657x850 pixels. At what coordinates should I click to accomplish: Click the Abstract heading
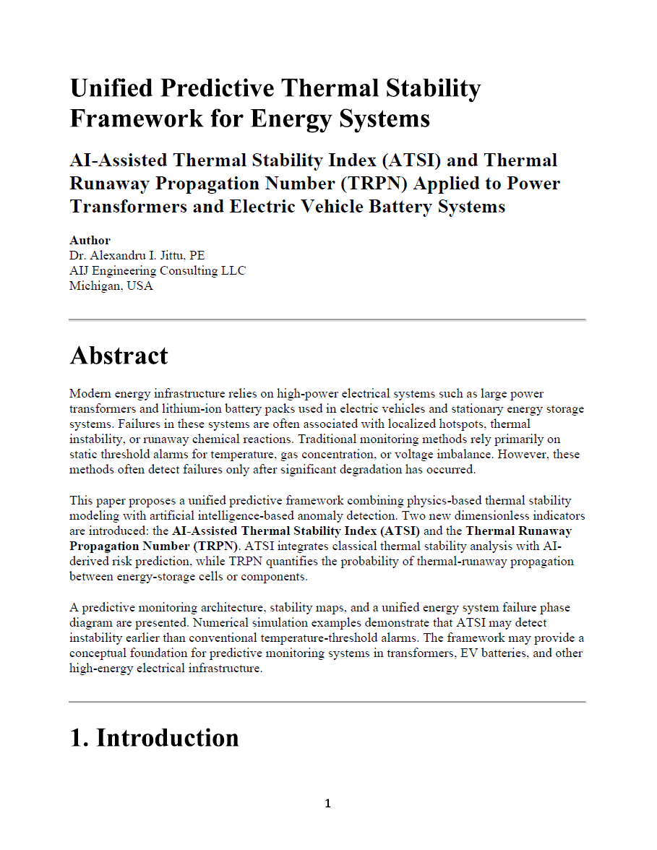click(x=119, y=356)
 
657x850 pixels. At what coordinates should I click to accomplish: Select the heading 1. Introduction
click(x=154, y=738)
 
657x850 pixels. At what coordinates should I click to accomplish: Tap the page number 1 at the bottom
click(x=327, y=804)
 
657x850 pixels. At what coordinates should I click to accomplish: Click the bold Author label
click(x=90, y=240)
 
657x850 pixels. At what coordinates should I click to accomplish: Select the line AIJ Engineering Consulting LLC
click(x=158, y=270)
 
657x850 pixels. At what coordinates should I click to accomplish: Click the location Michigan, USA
click(x=111, y=286)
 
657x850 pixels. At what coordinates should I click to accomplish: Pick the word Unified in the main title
click(x=111, y=89)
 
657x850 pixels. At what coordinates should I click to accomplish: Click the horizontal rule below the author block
click(x=327, y=319)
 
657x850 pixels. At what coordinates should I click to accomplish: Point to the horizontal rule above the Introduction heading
click(x=327, y=702)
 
